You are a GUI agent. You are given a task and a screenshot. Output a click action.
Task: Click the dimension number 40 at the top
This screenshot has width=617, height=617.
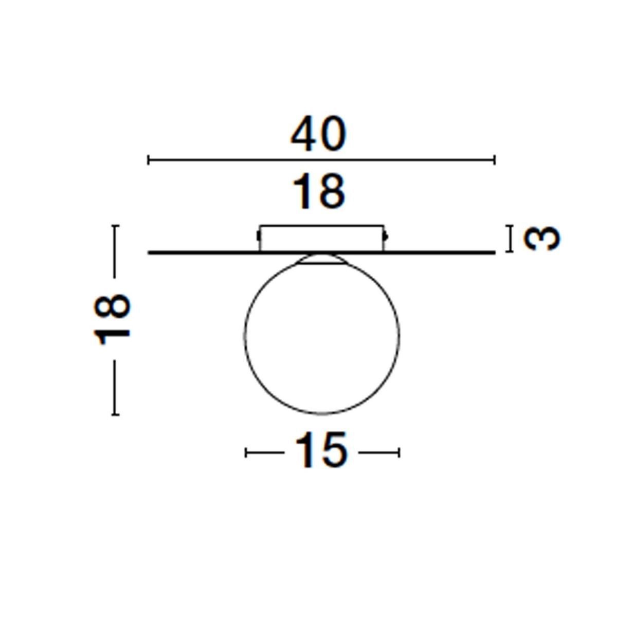coord(318,134)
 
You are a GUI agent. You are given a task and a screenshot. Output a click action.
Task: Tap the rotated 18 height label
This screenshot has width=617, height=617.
coord(112,320)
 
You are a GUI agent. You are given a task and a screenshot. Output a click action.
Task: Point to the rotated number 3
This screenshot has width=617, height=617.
coord(542,239)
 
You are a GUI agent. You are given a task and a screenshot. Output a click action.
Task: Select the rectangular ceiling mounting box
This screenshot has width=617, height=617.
coord(321,238)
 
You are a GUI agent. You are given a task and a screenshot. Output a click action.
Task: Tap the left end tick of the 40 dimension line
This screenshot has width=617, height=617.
coord(148,159)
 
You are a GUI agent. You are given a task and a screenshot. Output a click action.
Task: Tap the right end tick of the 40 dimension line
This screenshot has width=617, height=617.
coord(495,159)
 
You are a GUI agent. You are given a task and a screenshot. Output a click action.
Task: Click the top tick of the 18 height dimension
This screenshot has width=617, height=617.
coord(115,226)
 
